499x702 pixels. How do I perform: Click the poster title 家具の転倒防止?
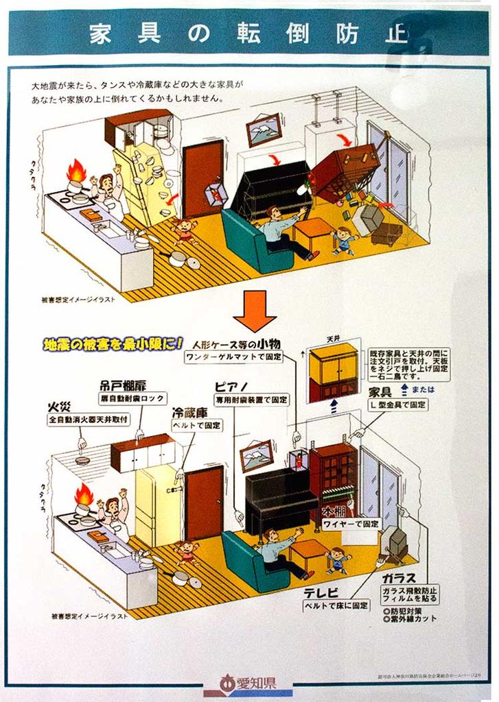click(x=249, y=34)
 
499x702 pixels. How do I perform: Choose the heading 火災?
click(x=59, y=406)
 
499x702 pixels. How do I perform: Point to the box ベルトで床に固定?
click(x=336, y=606)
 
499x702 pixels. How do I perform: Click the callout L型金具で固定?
click(x=399, y=405)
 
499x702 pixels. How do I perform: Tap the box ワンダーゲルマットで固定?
click(x=233, y=357)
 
